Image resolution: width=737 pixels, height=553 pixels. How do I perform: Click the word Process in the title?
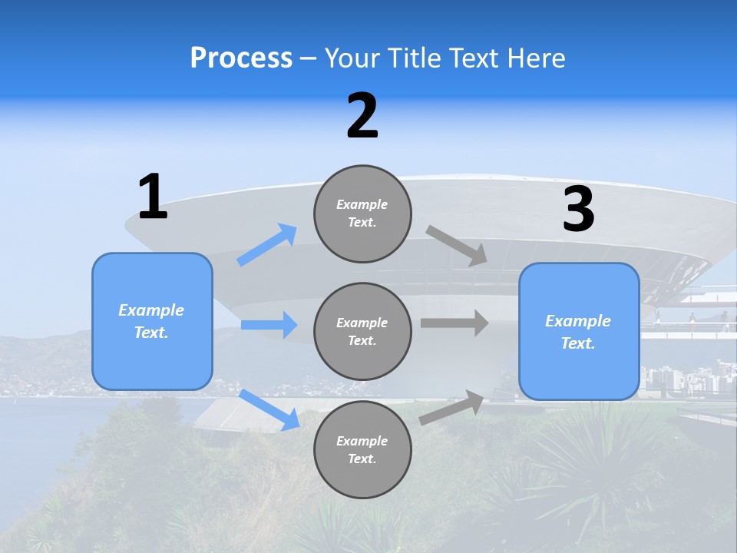[x=241, y=58]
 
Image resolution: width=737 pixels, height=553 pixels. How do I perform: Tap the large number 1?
[x=153, y=197]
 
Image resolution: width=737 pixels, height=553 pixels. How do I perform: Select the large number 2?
[x=362, y=116]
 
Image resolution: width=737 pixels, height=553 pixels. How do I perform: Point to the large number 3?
[x=578, y=209]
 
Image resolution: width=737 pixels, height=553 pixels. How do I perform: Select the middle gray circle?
[x=362, y=331]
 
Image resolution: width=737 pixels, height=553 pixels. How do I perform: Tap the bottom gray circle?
[x=362, y=449]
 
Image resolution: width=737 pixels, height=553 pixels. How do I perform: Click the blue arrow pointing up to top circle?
[x=267, y=245]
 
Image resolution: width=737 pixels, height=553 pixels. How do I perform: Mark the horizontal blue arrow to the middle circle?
[x=269, y=325]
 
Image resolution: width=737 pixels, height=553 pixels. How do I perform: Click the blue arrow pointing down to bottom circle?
[x=269, y=409]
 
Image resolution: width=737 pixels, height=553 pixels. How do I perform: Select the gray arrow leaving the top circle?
[x=457, y=246]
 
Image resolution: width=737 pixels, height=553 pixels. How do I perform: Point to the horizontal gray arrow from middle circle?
[x=454, y=323]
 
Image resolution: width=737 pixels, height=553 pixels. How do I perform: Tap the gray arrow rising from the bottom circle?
[x=452, y=408]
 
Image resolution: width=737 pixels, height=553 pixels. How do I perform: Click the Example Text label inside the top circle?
[x=362, y=214]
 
